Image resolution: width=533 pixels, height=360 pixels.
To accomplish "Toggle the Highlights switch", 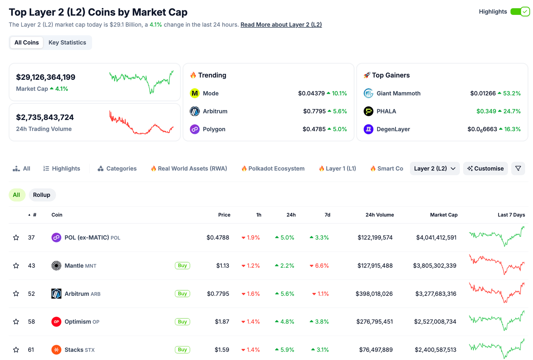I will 520,12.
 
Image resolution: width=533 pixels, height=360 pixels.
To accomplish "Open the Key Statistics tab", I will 67,43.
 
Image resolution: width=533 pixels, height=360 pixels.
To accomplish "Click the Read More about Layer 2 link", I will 281,25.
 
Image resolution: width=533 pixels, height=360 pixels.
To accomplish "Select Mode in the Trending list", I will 210,93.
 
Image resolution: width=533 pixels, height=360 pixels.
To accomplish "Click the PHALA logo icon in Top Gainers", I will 368,111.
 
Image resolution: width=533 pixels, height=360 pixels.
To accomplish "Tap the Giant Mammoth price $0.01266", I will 483,93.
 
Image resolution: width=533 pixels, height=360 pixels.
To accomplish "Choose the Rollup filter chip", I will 42,195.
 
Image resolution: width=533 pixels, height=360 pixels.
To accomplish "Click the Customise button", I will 485,169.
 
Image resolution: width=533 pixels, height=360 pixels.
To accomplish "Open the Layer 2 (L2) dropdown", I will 434,169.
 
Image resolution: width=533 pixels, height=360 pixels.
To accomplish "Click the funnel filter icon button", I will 518,169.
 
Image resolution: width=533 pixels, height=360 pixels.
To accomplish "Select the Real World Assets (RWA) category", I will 189,169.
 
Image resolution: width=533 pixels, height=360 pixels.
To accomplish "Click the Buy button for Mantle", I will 182,266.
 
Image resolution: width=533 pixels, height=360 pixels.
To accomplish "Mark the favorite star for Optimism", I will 16,322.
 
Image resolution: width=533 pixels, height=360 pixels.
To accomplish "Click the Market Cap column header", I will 443,215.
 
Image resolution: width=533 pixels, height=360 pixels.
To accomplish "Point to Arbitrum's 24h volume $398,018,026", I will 374,294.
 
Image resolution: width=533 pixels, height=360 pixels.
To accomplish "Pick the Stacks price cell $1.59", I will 222,350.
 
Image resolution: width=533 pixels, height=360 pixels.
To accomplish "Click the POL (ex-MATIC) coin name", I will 87,238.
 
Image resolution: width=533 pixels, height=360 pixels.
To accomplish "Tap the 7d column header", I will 327,215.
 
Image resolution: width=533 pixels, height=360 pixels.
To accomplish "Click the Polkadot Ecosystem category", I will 273,169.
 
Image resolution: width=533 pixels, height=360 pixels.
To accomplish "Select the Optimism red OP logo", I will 56,322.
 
